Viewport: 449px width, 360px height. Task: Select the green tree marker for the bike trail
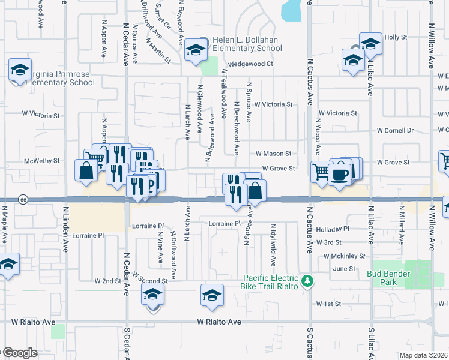307,281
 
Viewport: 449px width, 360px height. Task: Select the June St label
344,269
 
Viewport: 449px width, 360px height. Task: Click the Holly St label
396,37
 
